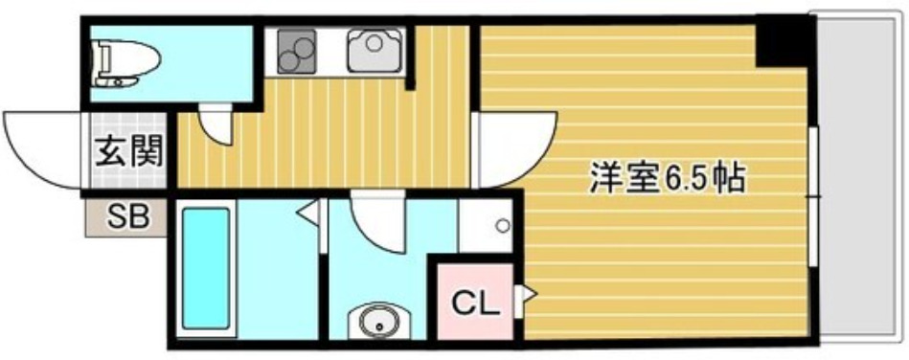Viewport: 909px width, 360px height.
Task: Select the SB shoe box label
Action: tap(127, 218)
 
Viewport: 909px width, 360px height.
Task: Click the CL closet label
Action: tap(476, 305)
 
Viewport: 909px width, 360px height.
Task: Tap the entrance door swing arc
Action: tap(43, 148)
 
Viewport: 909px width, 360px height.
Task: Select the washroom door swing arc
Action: tap(377, 221)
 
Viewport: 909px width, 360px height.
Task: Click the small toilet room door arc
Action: tap(216, 124)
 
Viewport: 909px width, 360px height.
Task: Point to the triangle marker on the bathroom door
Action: tap(311, 212)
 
